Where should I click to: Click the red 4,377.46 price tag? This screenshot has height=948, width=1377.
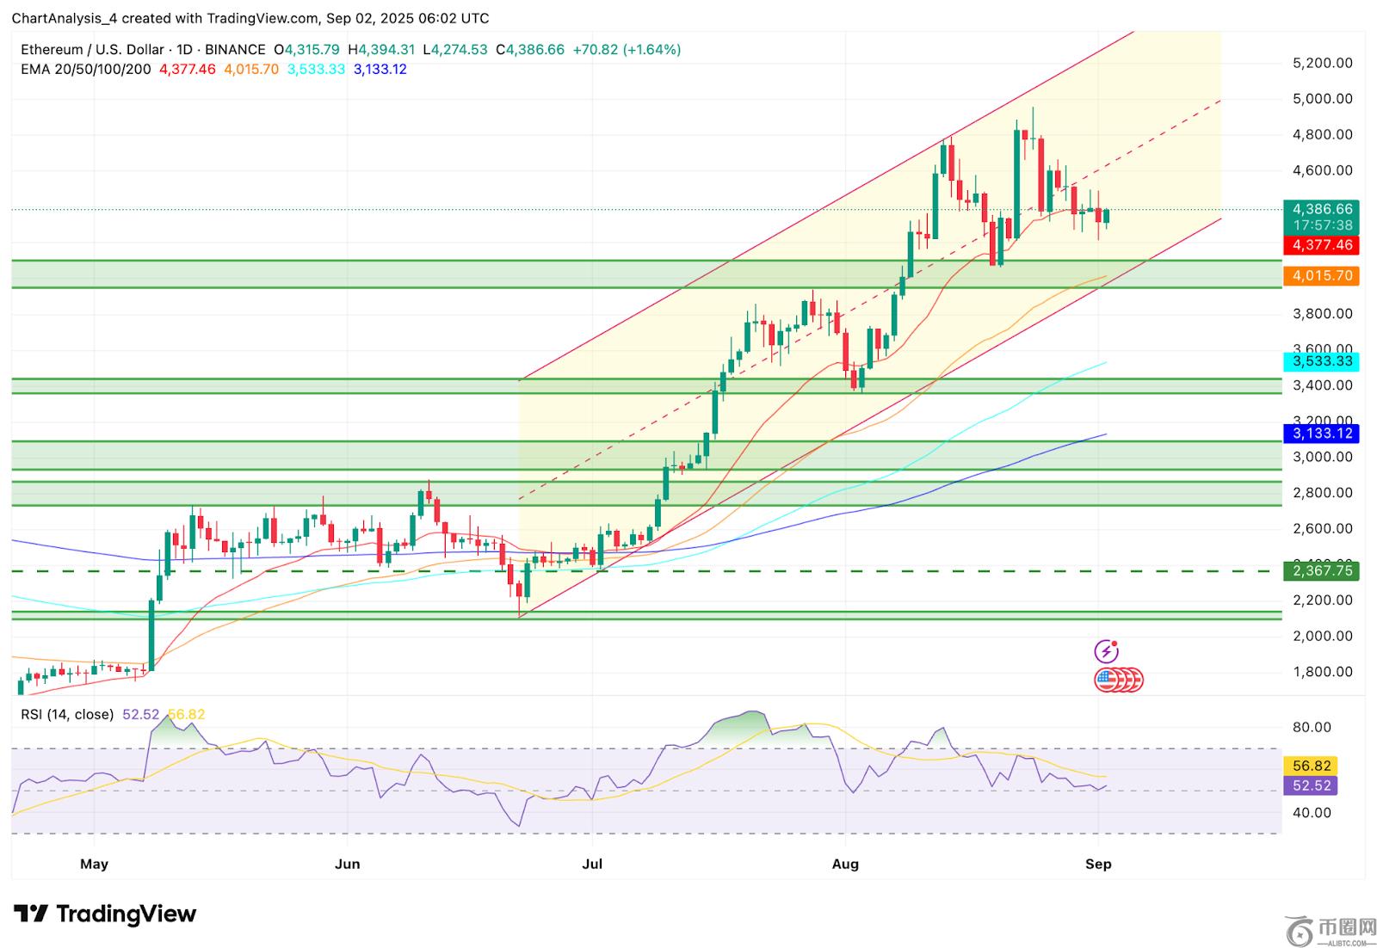point(1321,245)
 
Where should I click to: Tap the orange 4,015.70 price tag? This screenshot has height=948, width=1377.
point(1321,276)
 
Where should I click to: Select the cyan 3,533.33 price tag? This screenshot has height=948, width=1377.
point(1321,361)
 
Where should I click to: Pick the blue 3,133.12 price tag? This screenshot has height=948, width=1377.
point(1321,433)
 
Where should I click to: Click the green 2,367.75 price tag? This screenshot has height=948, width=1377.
point(1321,570)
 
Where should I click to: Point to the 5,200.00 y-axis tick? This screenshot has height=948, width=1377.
point(1323,63)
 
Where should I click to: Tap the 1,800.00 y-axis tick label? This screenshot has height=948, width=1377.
point(1323,672)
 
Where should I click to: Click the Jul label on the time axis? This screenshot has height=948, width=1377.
point(592,864)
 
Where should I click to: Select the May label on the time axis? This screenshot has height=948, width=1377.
point(94,864)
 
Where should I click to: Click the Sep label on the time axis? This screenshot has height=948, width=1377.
point(1098,864)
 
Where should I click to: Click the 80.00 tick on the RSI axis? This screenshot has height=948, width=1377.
point(1312,728)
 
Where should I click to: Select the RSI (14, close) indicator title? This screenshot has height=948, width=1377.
point(67,714)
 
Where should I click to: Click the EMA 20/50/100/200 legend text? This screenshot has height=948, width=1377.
point(86,70)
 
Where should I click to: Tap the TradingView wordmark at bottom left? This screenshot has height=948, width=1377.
point(106,914)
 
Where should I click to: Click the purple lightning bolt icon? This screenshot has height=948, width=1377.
point(1106,651)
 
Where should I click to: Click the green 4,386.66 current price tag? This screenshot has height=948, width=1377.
point(1321,209)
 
